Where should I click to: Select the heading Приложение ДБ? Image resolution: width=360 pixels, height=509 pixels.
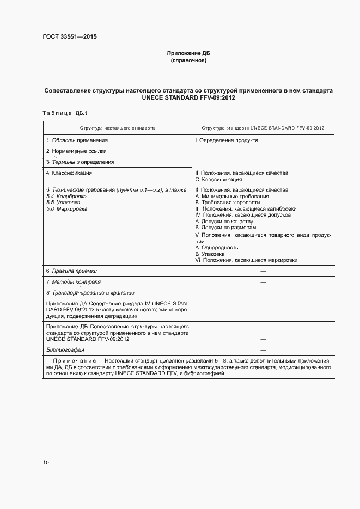pos(188,53)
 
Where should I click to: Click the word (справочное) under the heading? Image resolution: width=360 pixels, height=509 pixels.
pos(188,60)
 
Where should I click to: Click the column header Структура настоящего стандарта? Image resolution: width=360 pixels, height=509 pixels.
pos(117,127)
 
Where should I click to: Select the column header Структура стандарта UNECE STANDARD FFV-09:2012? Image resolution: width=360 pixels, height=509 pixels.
pos(263,127)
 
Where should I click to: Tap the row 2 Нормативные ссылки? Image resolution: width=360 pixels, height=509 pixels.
pos(76,151)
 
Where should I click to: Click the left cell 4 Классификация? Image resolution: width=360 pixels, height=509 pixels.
pos(69,173)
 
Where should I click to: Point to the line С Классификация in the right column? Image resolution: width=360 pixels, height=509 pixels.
pos(218,179)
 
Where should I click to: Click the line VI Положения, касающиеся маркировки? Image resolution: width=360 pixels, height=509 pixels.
pos(246,260)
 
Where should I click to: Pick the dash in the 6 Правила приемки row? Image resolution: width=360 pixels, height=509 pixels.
pos(263,271)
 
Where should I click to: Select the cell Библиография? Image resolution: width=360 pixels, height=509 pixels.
pos(65,349)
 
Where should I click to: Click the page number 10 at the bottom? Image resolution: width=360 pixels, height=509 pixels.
pos(46,463)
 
